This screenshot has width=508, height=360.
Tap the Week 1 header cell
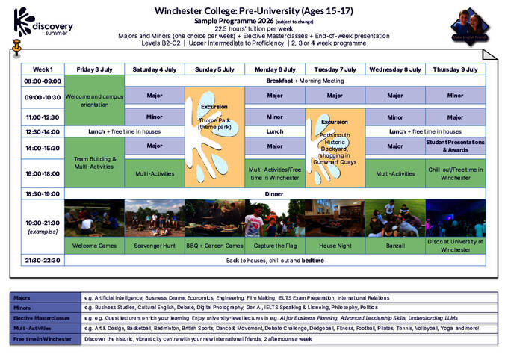43,69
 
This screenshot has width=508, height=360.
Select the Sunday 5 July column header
214,69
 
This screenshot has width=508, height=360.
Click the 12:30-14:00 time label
43,131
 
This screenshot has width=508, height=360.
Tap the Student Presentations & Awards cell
455,145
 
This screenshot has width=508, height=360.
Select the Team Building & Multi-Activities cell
94,163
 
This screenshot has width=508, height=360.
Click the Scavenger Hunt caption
155,245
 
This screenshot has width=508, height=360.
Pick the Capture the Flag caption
275,245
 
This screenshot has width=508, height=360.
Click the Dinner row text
275,193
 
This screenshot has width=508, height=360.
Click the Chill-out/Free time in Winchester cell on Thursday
455,173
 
